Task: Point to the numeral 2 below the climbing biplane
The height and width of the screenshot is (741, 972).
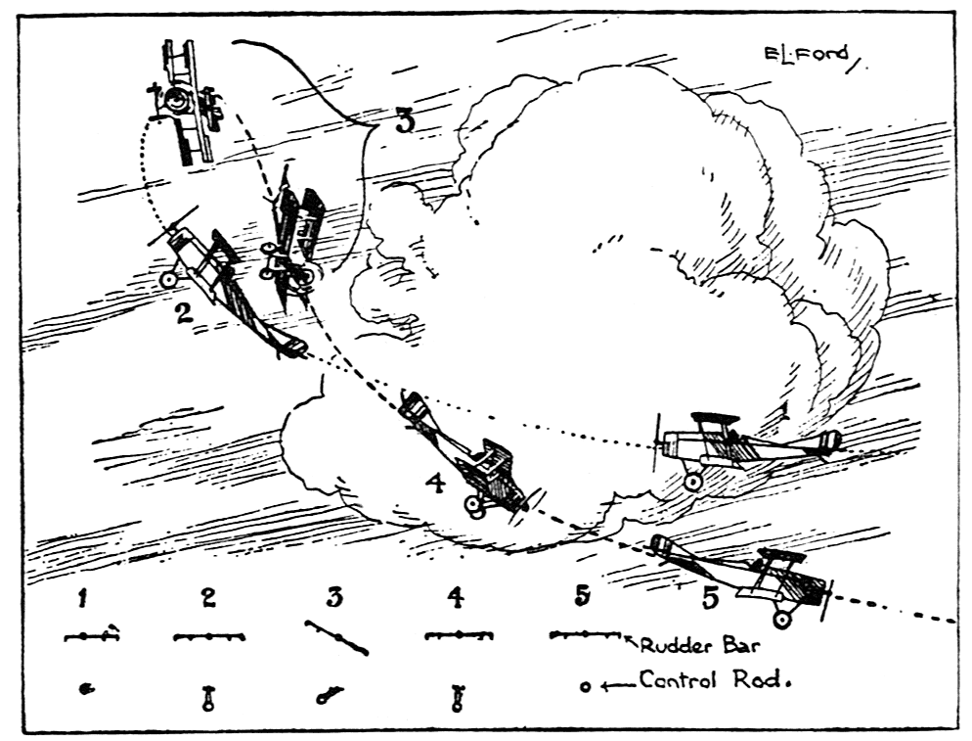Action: (x=183, y=313)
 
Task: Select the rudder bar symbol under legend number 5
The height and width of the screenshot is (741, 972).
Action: (x=585, y=634)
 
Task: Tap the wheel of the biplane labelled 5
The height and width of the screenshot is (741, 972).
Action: (x=782, y=618)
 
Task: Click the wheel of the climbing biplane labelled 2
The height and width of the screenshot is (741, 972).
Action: (x=169, y=280)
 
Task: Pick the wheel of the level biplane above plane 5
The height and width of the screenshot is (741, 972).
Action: (x=693, y=481)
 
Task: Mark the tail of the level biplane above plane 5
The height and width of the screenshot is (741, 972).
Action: (x=829, y=441)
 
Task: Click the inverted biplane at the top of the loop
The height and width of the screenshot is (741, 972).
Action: (x=185, y=104)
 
